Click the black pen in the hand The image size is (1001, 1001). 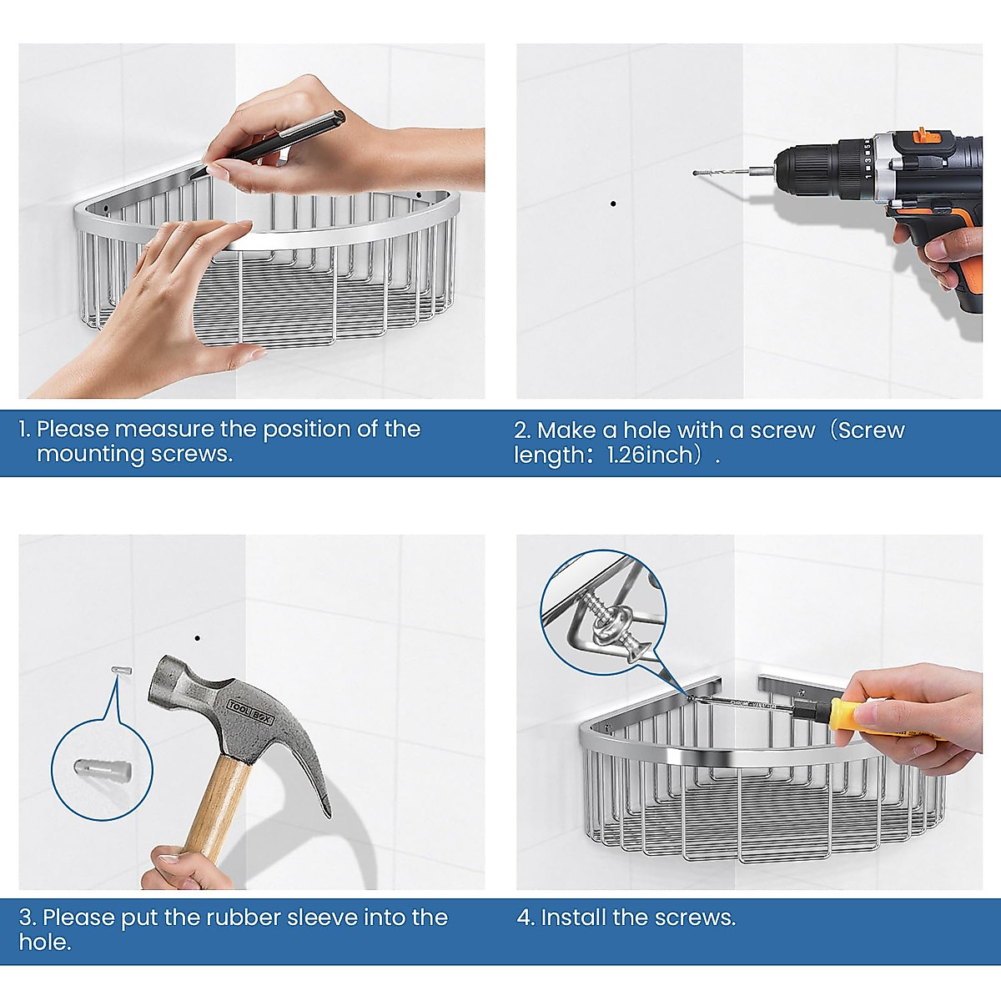[270, 143]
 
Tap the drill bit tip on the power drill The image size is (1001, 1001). [695, 173]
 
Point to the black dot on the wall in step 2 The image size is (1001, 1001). [613, 204]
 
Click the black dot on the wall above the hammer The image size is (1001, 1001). [198, 638]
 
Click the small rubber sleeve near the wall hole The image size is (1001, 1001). [122, 671]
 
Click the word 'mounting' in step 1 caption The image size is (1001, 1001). [90, 455]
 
